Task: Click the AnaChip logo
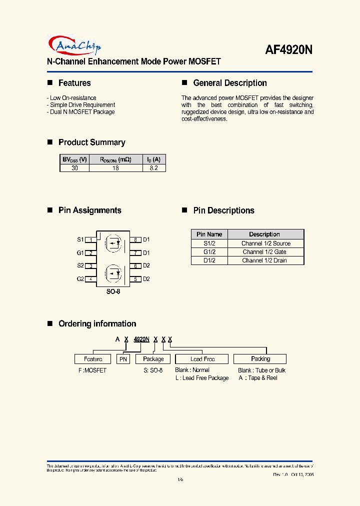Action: coord(75,45)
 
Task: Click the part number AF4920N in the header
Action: coord(288,50)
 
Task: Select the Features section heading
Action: coord(74,83)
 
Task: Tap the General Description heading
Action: coord(229,83)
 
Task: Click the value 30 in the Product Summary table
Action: coord(74,168)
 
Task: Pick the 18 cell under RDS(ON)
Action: coord(115,168)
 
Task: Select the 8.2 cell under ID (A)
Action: coord(154,168)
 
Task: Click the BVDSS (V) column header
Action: coord(74,159)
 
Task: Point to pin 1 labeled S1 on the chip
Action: coord(90,240)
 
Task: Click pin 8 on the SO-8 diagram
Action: coord(135,240)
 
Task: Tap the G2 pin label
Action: coord(80,279)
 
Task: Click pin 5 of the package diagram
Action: coord(135,279)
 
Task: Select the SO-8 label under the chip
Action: coord(113,291)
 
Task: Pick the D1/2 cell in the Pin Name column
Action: coord(209,260)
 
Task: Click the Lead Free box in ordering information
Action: coord(202,359)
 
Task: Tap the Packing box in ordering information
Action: coord(260,359)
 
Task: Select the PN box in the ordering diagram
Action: coord(123,359)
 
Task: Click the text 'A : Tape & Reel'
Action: coord(257,378)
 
